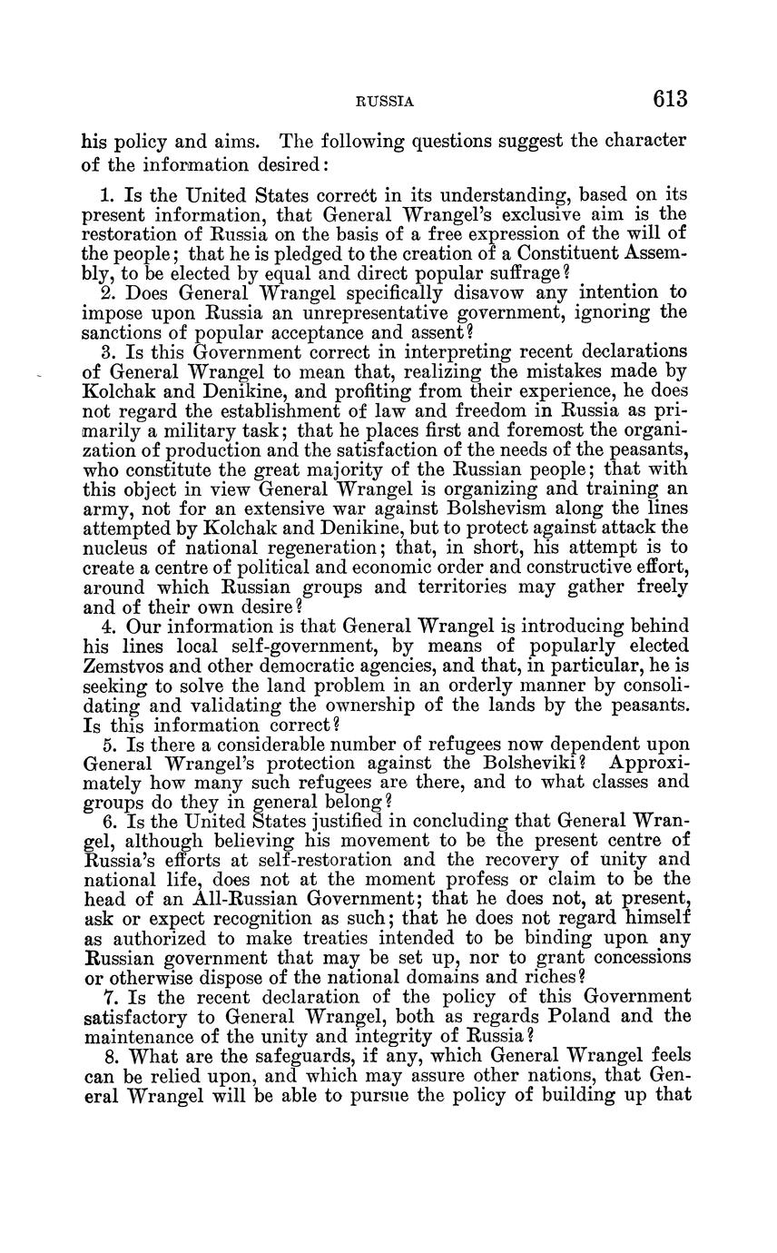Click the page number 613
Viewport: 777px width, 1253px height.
668,99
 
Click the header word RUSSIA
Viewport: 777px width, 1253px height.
384,102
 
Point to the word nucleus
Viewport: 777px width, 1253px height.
115,548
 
